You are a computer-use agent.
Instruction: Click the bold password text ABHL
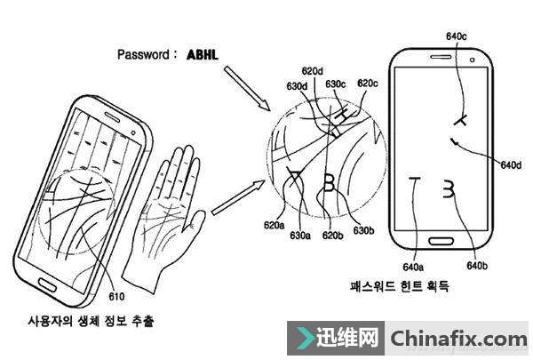click(x=203, y=54)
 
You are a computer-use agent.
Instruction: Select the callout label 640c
click(x=456, y=36)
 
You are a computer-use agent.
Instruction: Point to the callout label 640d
click(x=511, y=165)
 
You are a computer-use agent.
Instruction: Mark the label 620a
click(x=274, y=226)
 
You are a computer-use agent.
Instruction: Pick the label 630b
click(x=362, y=230)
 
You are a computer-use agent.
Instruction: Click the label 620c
click(x=367, y=84)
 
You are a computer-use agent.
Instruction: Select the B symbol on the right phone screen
click(x=449, y=188)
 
